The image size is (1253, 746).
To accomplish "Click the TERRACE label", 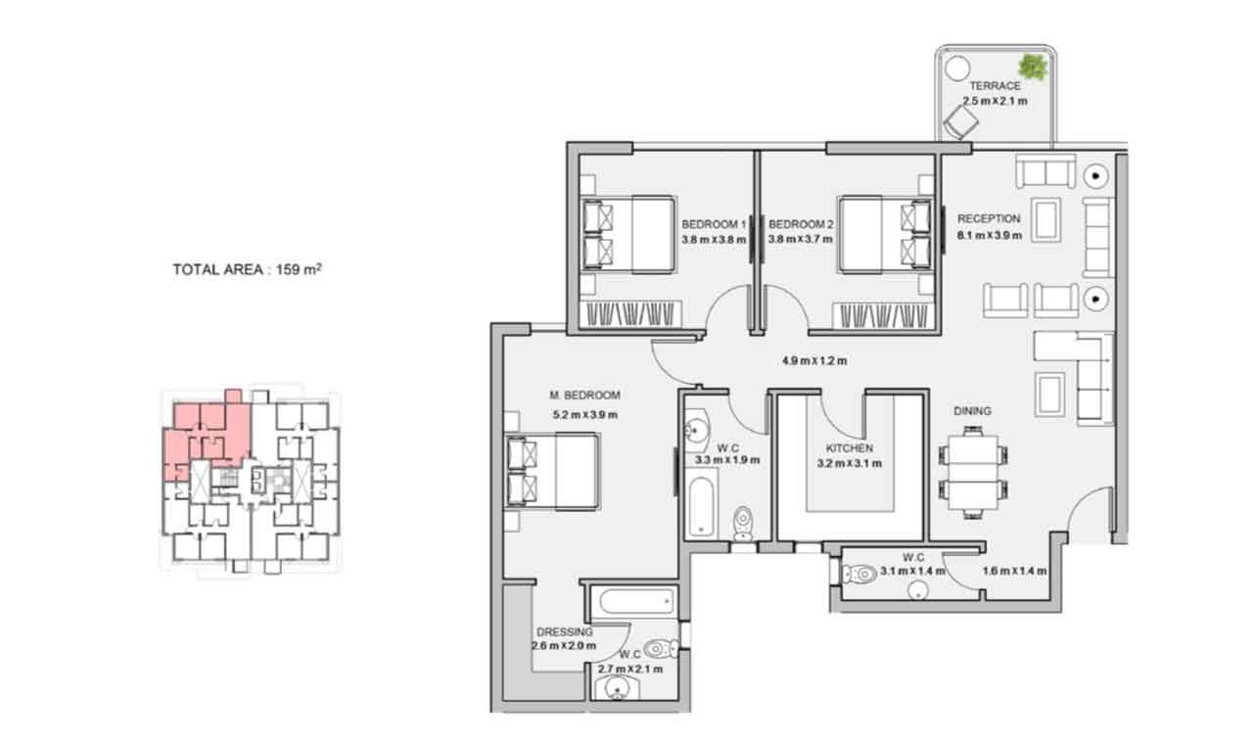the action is tap(996, 86).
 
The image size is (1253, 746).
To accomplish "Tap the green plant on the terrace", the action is tap(1033, 67).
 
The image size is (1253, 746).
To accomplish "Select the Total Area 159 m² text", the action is tap(247, 269).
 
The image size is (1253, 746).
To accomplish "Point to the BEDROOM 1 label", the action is tap(714, 224).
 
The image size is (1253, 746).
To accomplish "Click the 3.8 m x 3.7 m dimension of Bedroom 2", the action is tap(800, 239).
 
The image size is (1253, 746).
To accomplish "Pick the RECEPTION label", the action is tap(989, 218).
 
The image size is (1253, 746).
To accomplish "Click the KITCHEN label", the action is tap(850, 448).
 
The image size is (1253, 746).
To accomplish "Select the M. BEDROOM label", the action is tap(584, 396).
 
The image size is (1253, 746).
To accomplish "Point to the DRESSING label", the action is tap(565, 631).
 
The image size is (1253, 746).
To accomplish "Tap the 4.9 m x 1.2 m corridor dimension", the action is tap(814, 361).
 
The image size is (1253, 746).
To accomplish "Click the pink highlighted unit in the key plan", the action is tap(207, 434).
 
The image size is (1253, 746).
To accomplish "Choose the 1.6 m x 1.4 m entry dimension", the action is tap(1015, 571).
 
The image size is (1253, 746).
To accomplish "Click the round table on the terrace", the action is tap(957, 69).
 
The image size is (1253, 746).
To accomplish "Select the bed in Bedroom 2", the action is tap(885, 234).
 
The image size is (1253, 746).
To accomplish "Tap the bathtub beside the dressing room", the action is tap(635, 602).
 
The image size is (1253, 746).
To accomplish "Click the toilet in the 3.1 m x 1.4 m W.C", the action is tap(859, 574).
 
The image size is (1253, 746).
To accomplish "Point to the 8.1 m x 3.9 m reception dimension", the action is tap(990, 235).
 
